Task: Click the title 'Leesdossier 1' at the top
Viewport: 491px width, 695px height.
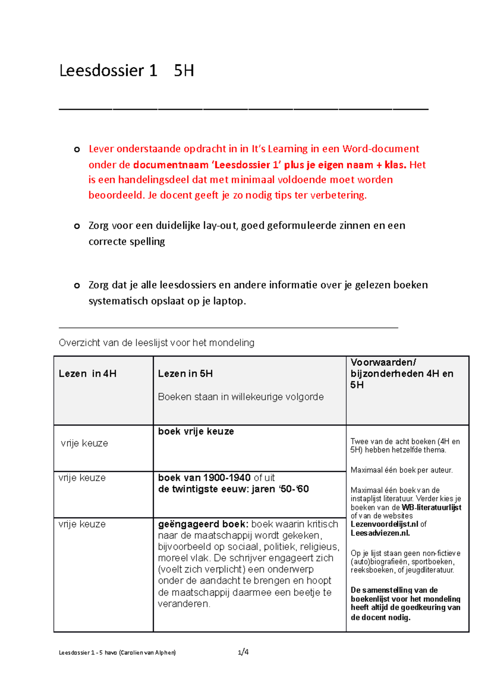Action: tap(108, 71)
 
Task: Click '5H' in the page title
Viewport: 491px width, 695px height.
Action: tap(184, 71)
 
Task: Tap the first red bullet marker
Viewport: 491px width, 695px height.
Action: tap(77, 150)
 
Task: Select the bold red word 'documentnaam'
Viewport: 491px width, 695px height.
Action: tap(171, 165)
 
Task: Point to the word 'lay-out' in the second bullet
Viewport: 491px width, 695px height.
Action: tap(220, 226)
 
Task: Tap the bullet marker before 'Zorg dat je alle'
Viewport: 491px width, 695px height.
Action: tap(77, 286)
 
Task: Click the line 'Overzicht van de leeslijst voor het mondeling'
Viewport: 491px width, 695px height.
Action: tap(156, 343)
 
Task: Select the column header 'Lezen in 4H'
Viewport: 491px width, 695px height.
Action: tap(88, 374)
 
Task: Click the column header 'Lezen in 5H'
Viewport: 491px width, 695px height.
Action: tap(185, 374)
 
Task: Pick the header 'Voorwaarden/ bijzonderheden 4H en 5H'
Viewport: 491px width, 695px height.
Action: tap(401, 373)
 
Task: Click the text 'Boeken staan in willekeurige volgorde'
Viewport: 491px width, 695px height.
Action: tap(241, 397)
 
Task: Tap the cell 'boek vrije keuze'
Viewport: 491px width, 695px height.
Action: tap(196, 431)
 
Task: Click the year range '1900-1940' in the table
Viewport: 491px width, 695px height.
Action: tap(227, 478)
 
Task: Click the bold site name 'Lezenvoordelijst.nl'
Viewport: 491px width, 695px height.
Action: tap(384, 524)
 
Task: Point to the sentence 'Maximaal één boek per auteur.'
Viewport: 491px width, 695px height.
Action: tap(401, 470)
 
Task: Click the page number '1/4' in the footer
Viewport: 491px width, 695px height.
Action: tap(243, 652)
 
